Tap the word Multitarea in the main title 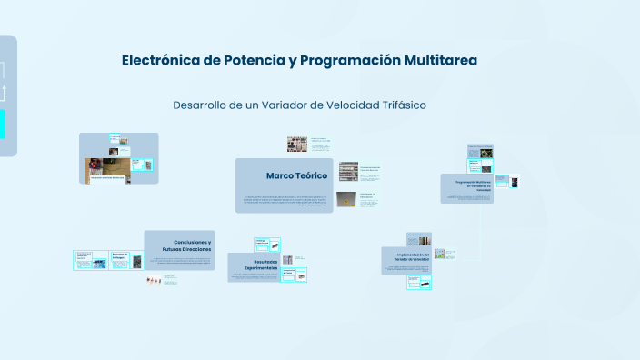point(435,61)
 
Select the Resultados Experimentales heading point(253,265)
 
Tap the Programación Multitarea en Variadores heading point(472,186)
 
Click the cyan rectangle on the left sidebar point(3,125)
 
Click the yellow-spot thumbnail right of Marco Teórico point(346,199)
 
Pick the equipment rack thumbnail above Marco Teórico point(296,145)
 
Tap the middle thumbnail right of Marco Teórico point(347,171)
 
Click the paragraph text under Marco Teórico point(284,200)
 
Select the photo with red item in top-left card point(95,166)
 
